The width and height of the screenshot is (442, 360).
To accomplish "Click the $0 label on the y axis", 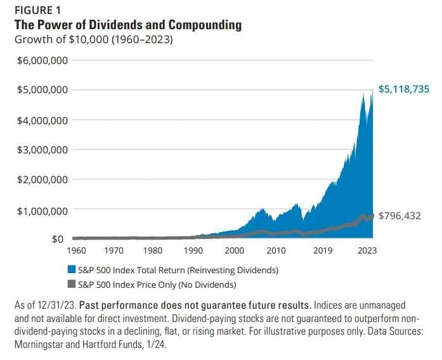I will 58,240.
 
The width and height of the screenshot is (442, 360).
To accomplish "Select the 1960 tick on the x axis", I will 77,250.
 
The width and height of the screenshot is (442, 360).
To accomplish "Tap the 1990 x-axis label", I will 194,250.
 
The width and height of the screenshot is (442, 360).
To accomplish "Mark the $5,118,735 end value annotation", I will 404,89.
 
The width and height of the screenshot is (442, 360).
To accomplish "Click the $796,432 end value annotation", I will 400,216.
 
